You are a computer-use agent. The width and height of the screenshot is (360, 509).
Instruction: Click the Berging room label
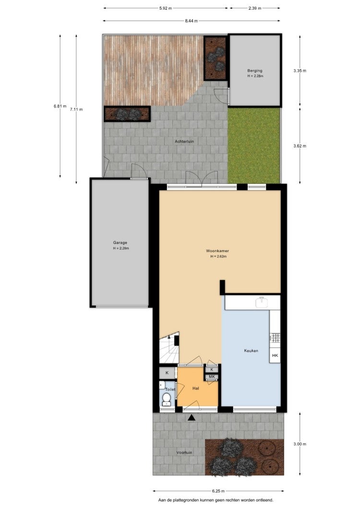255,71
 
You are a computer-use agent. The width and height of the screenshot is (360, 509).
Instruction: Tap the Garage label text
120,242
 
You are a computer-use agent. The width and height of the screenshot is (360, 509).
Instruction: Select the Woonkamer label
217,251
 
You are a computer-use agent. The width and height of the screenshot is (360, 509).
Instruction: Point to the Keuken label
251,351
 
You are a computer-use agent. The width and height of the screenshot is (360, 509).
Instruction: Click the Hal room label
195,388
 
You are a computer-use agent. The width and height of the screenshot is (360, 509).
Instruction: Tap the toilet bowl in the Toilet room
167,399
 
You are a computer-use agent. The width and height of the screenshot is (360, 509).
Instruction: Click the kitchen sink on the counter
261,302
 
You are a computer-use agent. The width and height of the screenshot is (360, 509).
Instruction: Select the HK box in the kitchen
275,355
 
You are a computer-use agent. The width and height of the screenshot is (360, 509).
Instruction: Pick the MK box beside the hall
212,376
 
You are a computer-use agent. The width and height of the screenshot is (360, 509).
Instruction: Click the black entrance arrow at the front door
192,418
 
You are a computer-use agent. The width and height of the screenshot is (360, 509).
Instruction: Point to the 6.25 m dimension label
218,491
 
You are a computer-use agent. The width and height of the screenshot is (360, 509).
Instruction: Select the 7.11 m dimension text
76,109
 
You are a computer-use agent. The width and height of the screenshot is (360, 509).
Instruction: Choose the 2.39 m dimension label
255,8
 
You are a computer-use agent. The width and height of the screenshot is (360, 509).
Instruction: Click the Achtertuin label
184,142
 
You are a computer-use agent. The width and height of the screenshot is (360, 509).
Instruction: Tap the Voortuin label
184,452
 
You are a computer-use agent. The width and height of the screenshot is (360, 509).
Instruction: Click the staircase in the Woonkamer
169,347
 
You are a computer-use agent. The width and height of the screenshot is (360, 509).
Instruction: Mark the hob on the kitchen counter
275,338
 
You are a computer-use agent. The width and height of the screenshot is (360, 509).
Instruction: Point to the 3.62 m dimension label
300,146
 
